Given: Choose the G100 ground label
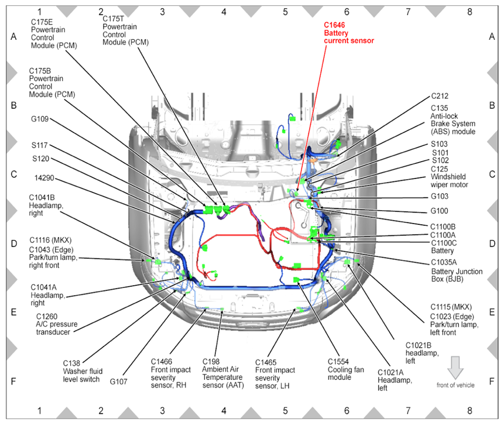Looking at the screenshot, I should (x=440, y=211).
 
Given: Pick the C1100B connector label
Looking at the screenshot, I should (x=443, y=226).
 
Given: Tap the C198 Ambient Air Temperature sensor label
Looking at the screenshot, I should (x=222, y=373).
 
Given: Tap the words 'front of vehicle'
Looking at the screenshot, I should (x=455, y=385).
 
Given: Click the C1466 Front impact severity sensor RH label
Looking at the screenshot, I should (x=169, y=373).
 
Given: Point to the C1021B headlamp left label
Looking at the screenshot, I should (x=420, y=352).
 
